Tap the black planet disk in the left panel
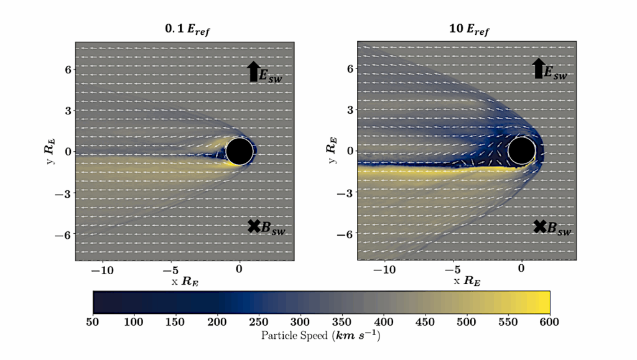[239, 151]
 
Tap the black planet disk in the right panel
[521, 150]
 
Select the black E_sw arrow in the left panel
[253, 72]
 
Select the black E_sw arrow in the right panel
[537, 68]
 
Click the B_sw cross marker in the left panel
[253, 226]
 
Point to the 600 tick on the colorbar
[550, 321]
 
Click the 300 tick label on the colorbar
[300, 321]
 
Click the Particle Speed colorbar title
[321, 336]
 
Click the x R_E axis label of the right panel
[467, 281]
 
